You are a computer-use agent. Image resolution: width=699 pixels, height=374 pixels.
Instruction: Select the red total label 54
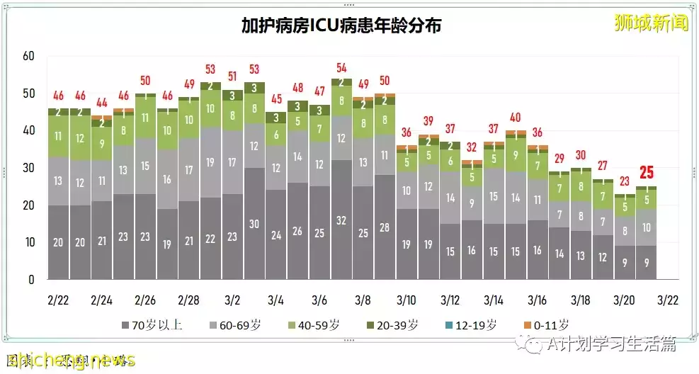341,68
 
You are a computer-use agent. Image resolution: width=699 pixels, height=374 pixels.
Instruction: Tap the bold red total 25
646,172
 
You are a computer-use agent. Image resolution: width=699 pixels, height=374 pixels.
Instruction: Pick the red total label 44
101,102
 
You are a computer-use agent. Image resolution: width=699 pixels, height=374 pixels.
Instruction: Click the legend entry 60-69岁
239,325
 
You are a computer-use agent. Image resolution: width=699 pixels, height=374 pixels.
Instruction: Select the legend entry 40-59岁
317,325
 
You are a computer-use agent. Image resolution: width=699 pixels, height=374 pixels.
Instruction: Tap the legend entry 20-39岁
396,325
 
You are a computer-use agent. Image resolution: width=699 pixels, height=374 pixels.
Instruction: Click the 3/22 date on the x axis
669,300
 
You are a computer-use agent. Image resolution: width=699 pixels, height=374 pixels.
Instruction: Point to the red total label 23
624,181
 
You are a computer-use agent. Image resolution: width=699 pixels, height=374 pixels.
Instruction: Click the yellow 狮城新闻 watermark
652,23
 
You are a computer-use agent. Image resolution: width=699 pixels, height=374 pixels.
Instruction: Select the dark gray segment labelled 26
297,231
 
